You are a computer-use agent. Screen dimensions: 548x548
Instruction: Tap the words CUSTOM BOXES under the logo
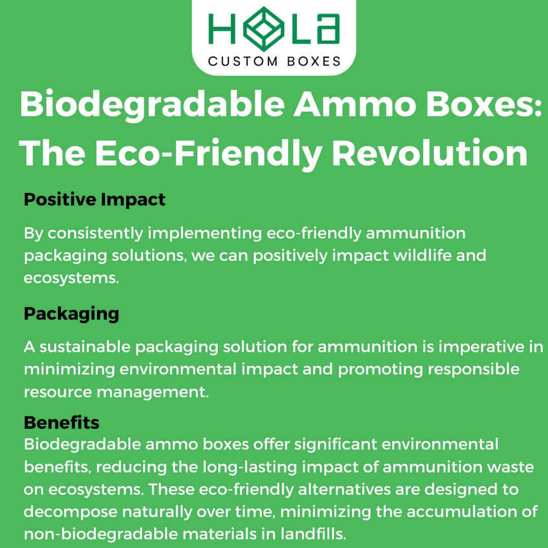click(274, 61)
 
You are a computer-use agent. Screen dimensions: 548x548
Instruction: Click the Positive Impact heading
click(94, 199)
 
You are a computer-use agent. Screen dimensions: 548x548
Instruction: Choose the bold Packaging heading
click(71, 314)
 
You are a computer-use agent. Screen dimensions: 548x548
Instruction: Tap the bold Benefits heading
click(61, 422)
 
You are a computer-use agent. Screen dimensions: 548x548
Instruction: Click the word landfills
click(313, 534)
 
